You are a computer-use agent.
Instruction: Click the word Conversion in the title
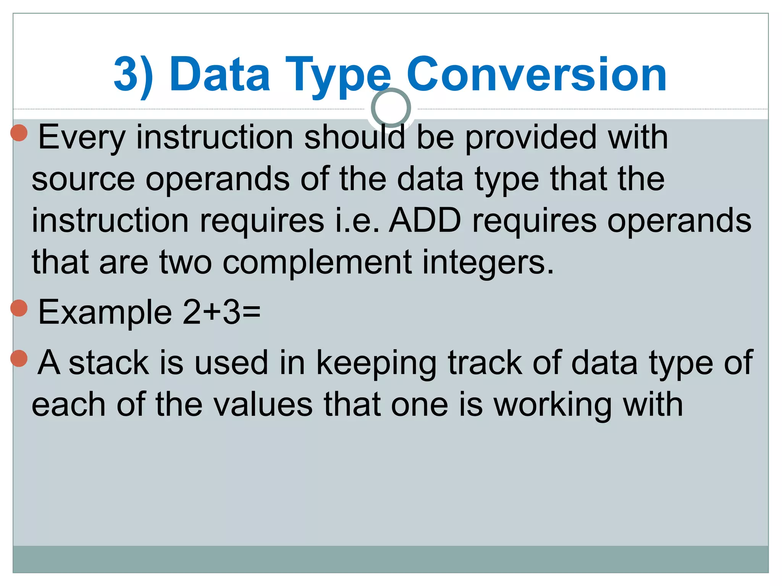[x=536, y=74]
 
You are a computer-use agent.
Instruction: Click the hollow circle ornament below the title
[x=391, y=108]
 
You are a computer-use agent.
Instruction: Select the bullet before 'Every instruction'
[x=19, y=133]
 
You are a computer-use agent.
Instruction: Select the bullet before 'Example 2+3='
[x=19, y=308]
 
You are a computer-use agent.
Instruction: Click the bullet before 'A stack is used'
[x=19, y=358]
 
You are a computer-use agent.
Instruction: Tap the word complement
[x=317, y=263]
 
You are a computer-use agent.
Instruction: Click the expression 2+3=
[x=221, y=312]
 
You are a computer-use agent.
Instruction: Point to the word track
[x=485, y=363]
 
